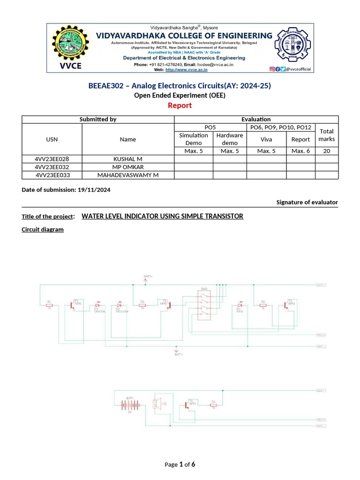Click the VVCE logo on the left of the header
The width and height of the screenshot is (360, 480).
70,47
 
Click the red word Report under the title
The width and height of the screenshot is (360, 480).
180,105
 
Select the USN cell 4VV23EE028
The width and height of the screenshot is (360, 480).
52,159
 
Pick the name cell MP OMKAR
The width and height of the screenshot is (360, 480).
127,167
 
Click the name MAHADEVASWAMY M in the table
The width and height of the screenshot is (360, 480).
127,175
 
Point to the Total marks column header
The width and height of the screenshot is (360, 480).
327,135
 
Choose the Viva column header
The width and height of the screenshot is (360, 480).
266,139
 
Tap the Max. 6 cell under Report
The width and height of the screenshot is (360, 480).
300,151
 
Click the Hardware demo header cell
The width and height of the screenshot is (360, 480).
230,139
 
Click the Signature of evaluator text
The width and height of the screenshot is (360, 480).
307,202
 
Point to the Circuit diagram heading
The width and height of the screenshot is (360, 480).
43,230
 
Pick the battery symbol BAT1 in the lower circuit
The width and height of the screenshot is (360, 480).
127,405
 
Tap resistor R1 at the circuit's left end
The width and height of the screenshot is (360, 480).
49,305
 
